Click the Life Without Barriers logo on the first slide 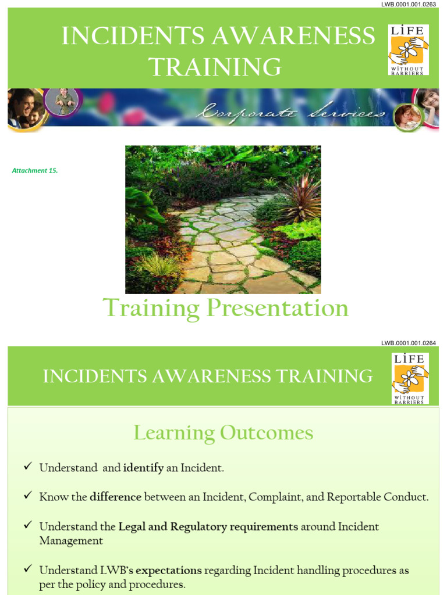pos(409,49)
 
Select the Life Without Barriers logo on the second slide pos(410,378)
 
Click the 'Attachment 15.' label pos(35,171)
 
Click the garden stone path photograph pos(223,219)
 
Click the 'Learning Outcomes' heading pos(223,433)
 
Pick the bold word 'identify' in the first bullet pos(143,468)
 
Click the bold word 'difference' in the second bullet pos(115,497)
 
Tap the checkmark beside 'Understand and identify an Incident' pos(27,467)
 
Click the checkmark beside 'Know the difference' pos(27,497)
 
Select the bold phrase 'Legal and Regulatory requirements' pos(208,527)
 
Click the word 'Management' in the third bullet pos(71,541)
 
